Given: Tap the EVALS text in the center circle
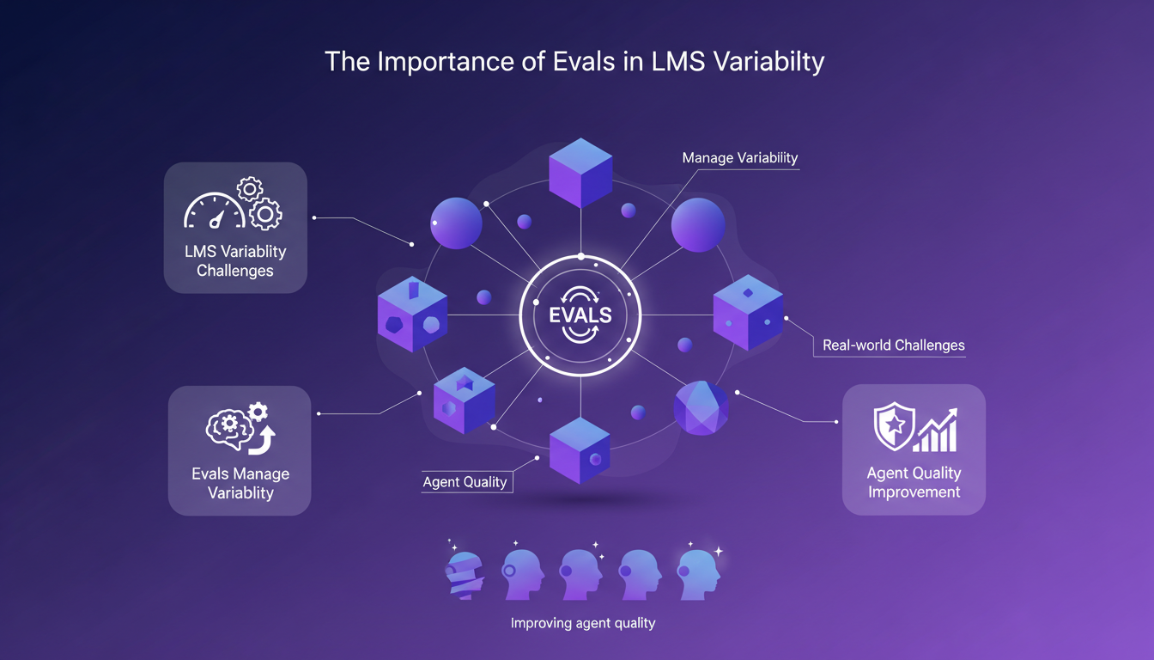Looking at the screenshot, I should (x=580, y=315).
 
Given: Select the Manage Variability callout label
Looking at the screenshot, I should (x=739, y=158).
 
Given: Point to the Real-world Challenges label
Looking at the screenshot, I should (x=893, y=345).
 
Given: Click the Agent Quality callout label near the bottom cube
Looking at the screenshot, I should (x=465, y=481).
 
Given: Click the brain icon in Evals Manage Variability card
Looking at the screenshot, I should (x=228, y=425).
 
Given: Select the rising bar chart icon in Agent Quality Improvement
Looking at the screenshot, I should (x=936, y=430).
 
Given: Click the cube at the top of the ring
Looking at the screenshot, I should (x=580, y=172).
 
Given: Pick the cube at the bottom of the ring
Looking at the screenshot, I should (x=580, y=449).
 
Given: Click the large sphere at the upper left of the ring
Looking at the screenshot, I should (x=456, y=223).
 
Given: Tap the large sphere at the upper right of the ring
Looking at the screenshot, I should (x=697, y=225).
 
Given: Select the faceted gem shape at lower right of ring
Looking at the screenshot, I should (x=701, y=408).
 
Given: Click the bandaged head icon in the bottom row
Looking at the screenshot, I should (x=465, y=569).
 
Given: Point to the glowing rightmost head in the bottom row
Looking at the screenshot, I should (x=696, y=569).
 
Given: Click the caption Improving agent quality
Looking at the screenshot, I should (x=582, y=623).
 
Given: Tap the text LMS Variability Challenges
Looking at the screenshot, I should (x=234, y=261).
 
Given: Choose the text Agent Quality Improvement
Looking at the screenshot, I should (x=914, y=482).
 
